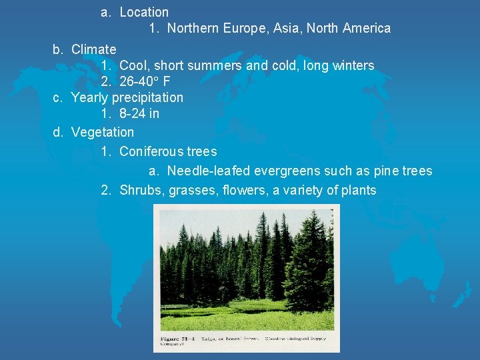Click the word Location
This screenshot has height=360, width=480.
(144, 12)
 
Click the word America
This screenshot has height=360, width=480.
(367, 28)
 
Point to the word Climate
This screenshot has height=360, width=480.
(93, 49)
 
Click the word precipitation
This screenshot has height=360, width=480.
(147, 97)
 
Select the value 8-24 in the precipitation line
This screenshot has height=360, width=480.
(132, 113)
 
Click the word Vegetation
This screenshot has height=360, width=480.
(102, 132)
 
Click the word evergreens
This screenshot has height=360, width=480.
(285, 171)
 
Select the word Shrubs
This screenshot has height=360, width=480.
(142, 191)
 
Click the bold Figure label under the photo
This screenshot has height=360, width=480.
(169, 339)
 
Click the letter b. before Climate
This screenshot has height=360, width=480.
(58, 49)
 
